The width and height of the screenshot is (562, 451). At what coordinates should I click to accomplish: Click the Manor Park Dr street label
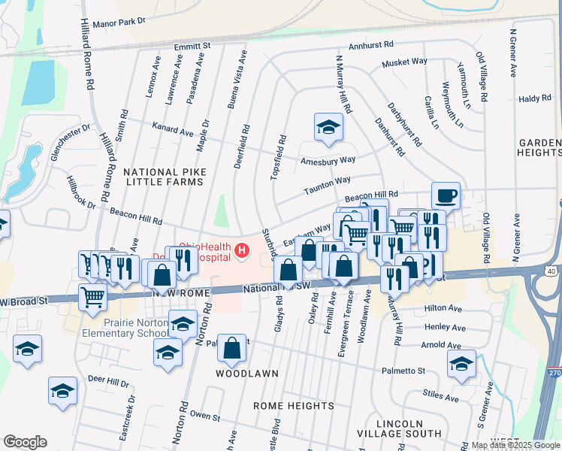point(116,23)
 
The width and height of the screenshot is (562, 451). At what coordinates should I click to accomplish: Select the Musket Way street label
point(404,62)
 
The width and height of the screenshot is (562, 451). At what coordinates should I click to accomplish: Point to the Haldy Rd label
point(536,98)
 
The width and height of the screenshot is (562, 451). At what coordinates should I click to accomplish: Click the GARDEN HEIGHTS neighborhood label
point(539,147)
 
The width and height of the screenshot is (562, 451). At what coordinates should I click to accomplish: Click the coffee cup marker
point(446,195)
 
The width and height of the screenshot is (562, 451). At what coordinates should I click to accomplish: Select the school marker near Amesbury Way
point(328,129)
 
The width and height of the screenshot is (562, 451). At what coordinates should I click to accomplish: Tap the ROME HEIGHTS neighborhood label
point(294,406)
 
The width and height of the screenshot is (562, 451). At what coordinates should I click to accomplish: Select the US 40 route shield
point(551,270)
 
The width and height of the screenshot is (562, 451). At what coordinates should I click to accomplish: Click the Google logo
point(25,442)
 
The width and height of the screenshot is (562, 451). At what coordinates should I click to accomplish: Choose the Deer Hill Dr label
point(108,381)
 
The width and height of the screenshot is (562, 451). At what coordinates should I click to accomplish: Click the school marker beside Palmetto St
point(461,364)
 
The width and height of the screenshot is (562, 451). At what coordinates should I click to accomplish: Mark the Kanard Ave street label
point(173,131)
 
